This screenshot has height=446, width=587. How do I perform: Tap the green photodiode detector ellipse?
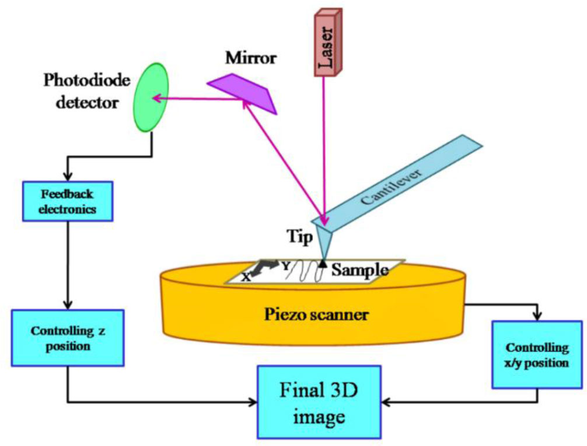(x=151, y=97)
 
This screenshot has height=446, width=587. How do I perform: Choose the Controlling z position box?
(x=68, y=338)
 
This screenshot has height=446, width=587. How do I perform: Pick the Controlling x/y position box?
(x=537, y=355)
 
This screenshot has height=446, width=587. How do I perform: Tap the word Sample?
(x=360, y=269)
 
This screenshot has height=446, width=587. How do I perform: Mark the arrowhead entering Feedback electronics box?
(x=68, y=177)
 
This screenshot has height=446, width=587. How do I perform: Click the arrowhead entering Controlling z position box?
(x=68, y=305)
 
